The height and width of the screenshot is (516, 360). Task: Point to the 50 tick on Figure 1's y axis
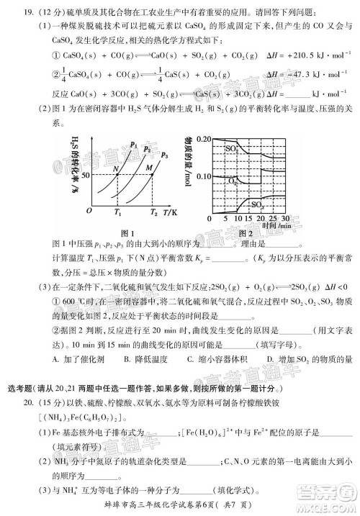pos(84,174)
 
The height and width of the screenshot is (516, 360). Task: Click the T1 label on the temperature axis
pos(118,212)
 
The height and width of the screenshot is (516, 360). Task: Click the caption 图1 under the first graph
pos(130,232)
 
